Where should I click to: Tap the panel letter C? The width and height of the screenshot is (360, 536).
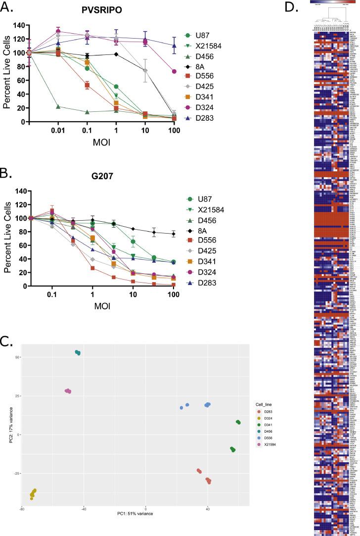pyautogui.click(x=8, y=342)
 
